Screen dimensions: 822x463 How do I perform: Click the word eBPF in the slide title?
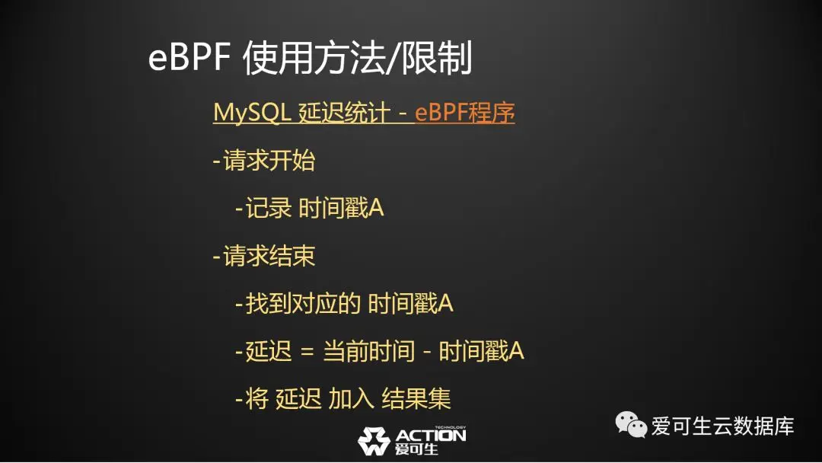coord(190,57)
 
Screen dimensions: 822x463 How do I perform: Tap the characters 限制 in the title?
coord(437,57)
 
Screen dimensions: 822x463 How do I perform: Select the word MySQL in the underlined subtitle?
coord(252,112)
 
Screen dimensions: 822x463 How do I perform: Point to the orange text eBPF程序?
coord(464,112)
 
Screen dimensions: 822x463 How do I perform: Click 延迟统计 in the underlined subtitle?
coord(345,112)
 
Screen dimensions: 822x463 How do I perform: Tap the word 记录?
coord(268,208)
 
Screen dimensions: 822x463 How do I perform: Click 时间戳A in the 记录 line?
coord(341,208)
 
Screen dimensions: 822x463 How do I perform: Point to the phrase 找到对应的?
coord(303,304)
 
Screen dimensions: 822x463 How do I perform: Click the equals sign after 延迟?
coord(307,352)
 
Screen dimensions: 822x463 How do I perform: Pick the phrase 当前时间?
coord(368,351)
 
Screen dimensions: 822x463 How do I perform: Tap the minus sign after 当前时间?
coord(427,352)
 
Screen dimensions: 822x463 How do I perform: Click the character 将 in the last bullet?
coord(257,399)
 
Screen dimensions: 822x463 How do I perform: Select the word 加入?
coord(351,399)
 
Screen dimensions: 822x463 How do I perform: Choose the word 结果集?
coord(416,399)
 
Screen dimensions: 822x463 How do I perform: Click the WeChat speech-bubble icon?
coord(631,424)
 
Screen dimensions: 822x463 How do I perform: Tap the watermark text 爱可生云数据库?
coord(723,426)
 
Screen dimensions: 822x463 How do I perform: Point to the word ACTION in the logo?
coord(430,436)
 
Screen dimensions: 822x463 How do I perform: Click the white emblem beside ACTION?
coord(374,441)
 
